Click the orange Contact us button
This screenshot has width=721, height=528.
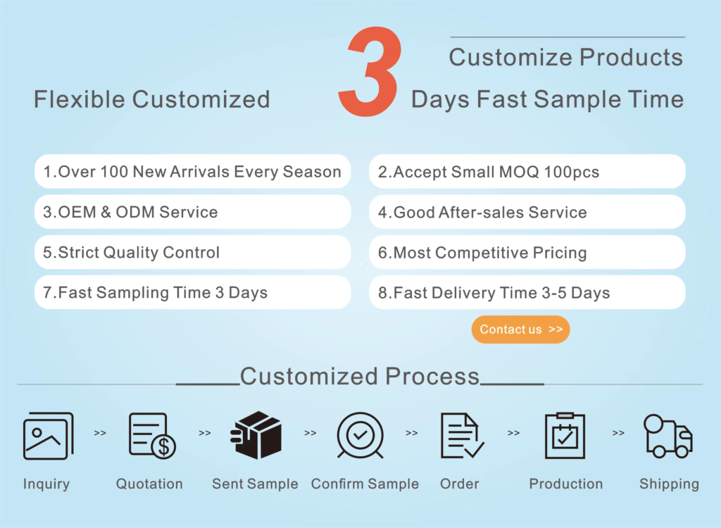520,329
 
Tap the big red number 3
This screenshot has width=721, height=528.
369,71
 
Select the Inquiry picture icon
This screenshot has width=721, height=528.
49,436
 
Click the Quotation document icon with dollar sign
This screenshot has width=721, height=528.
152,436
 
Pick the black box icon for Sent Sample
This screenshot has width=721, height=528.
256,435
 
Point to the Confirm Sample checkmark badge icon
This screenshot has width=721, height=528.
360,435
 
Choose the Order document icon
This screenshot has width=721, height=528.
462,435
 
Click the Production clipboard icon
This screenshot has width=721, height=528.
565,436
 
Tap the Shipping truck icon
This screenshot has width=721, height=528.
668,436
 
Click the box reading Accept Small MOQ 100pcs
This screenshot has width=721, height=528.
527,172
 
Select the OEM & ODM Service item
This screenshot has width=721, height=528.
193,212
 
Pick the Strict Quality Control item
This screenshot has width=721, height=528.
193,252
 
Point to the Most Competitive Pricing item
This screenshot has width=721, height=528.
527,252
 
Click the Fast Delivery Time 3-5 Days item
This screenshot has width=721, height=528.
527,293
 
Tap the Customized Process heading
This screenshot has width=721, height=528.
360,376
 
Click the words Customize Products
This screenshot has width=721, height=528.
566,58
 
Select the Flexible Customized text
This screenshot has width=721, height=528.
152,99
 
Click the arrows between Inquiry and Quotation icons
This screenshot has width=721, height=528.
100,433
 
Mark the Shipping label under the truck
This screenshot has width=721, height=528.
669,484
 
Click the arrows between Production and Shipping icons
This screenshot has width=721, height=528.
618,433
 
